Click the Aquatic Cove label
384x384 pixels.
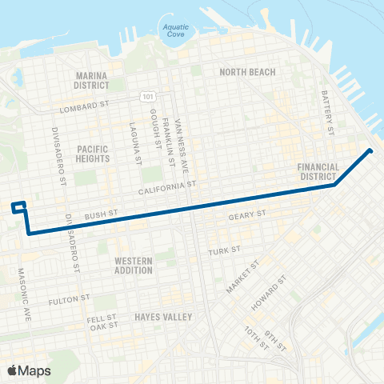pyautogui.click(x=176, y=30)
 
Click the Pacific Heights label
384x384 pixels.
pyautogui.click(x=94, y=154)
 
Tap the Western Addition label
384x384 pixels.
pyautogui.click(x=134, y=266)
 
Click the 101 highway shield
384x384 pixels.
pyautogui.click(x=147, y=97)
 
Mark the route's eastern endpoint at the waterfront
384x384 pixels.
pyautogui.click(x=370, y=150)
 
